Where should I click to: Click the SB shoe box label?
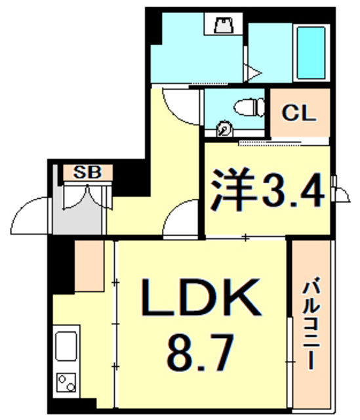click(x=88, y=173)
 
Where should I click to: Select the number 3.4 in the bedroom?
click(x=292, y=192)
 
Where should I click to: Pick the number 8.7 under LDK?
click(x=201, y=353)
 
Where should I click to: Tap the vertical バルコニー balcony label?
click(x=313, y=325)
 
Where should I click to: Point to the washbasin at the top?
click(x=224, y=26)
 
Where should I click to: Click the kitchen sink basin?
click(x=66, y=346)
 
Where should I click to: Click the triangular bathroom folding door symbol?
click(x=252, y=71)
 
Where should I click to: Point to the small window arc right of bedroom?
click(x=341, y=192)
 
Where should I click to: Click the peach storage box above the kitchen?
click(x=89, y=266)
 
